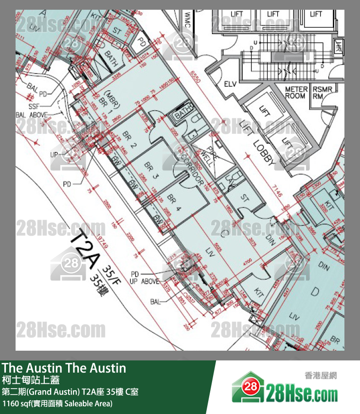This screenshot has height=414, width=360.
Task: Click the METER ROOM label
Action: (x=296, y=93)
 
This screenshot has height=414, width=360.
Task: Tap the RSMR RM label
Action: (x=322, y=93)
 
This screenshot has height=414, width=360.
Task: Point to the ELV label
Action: (x=230, y=84)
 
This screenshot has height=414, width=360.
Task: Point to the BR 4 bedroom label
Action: (x=174, y=202)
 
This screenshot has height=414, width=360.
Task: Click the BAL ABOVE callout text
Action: (x=33, y=115)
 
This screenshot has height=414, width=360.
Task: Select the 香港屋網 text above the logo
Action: (x=321, y=375)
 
